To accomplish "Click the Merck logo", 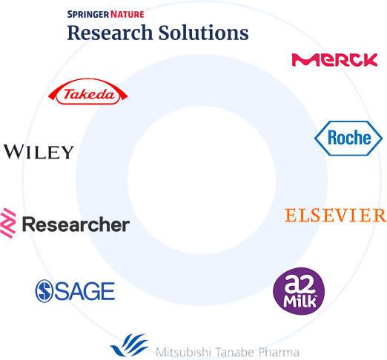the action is tap(334, 60).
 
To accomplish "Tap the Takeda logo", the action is tap(87, 92).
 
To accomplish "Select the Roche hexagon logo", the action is tap(348, 139).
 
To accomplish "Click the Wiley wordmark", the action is tap(39, 152).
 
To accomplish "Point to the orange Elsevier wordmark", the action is tap(335, 215).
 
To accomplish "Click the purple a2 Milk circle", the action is tap(299, 291).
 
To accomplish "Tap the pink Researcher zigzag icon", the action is tap(7, 223).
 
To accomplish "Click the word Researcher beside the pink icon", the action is tap(76, 224).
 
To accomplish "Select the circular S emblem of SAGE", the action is tap(44, 291).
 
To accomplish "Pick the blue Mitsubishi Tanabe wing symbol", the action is tap(129, 345).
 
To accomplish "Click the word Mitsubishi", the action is tap(183, 352).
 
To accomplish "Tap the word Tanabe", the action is tap(234, 352).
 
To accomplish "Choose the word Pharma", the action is tap(279, 352).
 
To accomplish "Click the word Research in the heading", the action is tap(110, 33).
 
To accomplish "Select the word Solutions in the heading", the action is tap(203, 33).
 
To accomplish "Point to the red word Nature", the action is tap(128, 14).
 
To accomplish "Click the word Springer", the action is tap(88, 14).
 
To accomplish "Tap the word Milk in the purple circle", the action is tap(300, 301).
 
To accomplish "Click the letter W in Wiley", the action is tap(13, 152).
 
